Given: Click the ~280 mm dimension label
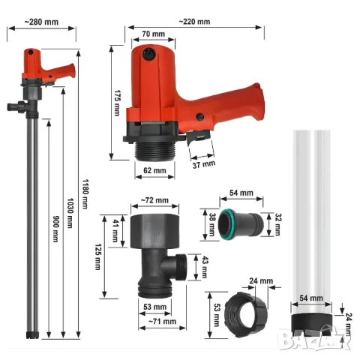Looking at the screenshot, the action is [41, 22].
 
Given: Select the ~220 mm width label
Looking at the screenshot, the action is [194, 22].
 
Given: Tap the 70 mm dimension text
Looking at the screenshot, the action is [154, 34].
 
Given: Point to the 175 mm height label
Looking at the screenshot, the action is [117, 103].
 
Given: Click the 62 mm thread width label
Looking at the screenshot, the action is [154, 170].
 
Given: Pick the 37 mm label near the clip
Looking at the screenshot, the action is [204, 164].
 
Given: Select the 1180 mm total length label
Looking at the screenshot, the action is [85, 194].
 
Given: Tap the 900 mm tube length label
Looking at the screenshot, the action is [55, 229].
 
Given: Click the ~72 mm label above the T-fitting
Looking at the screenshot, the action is [154, 200].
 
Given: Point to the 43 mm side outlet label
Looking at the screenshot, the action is [205, 267].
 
